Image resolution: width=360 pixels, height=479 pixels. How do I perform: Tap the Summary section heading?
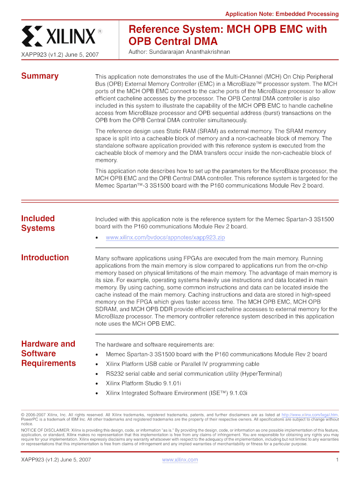[40, 76]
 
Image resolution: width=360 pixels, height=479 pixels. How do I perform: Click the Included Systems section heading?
[38, 223]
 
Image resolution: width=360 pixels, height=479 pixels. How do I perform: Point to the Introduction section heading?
[45, 257]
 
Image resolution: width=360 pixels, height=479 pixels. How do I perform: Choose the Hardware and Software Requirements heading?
[48, 354]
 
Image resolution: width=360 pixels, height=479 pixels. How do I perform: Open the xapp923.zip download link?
[166, 238]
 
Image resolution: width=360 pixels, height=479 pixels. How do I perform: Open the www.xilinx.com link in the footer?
[180, 460]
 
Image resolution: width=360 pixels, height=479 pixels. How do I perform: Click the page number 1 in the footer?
[337, 460]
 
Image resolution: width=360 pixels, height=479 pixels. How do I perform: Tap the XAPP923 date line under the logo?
[60, 55]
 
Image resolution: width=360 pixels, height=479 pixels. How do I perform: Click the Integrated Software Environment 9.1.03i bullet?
[177, 393]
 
